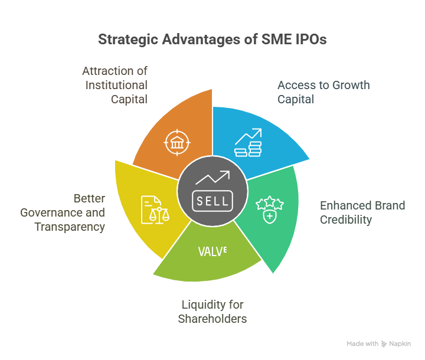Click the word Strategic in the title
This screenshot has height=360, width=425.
point(128,40)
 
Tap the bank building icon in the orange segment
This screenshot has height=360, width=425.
point(177,143)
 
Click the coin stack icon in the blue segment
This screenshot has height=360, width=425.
point(248,143)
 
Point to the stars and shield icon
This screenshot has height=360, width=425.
point(270,210)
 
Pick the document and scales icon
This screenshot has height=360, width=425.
point(155,210)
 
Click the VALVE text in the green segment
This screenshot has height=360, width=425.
point(212,251)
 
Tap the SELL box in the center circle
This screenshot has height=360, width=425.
point(212,201)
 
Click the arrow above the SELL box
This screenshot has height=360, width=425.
point(212,178)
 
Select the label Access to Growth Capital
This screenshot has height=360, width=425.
point(323,92)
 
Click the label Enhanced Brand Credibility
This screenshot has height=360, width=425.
point(362,212)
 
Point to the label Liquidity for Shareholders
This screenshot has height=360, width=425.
point(212,312)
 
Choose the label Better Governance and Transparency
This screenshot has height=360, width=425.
point(63,213)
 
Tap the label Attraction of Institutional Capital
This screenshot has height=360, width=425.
point(115,85)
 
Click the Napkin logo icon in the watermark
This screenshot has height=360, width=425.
point(384,344)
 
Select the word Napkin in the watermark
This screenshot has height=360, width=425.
point(400,343)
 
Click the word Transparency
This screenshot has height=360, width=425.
point(70,227)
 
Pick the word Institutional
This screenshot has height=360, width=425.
point(116,85)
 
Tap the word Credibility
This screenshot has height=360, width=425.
point(346,220)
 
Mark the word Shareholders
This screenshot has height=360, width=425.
point(212,319)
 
